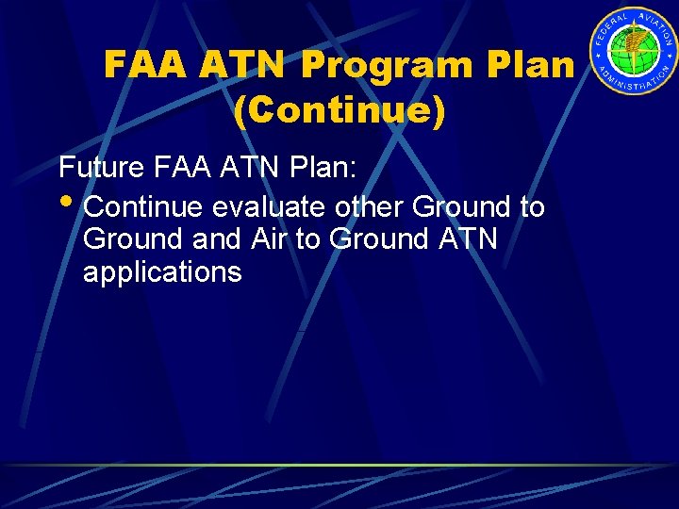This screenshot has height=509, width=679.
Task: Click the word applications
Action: pos(162,272)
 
